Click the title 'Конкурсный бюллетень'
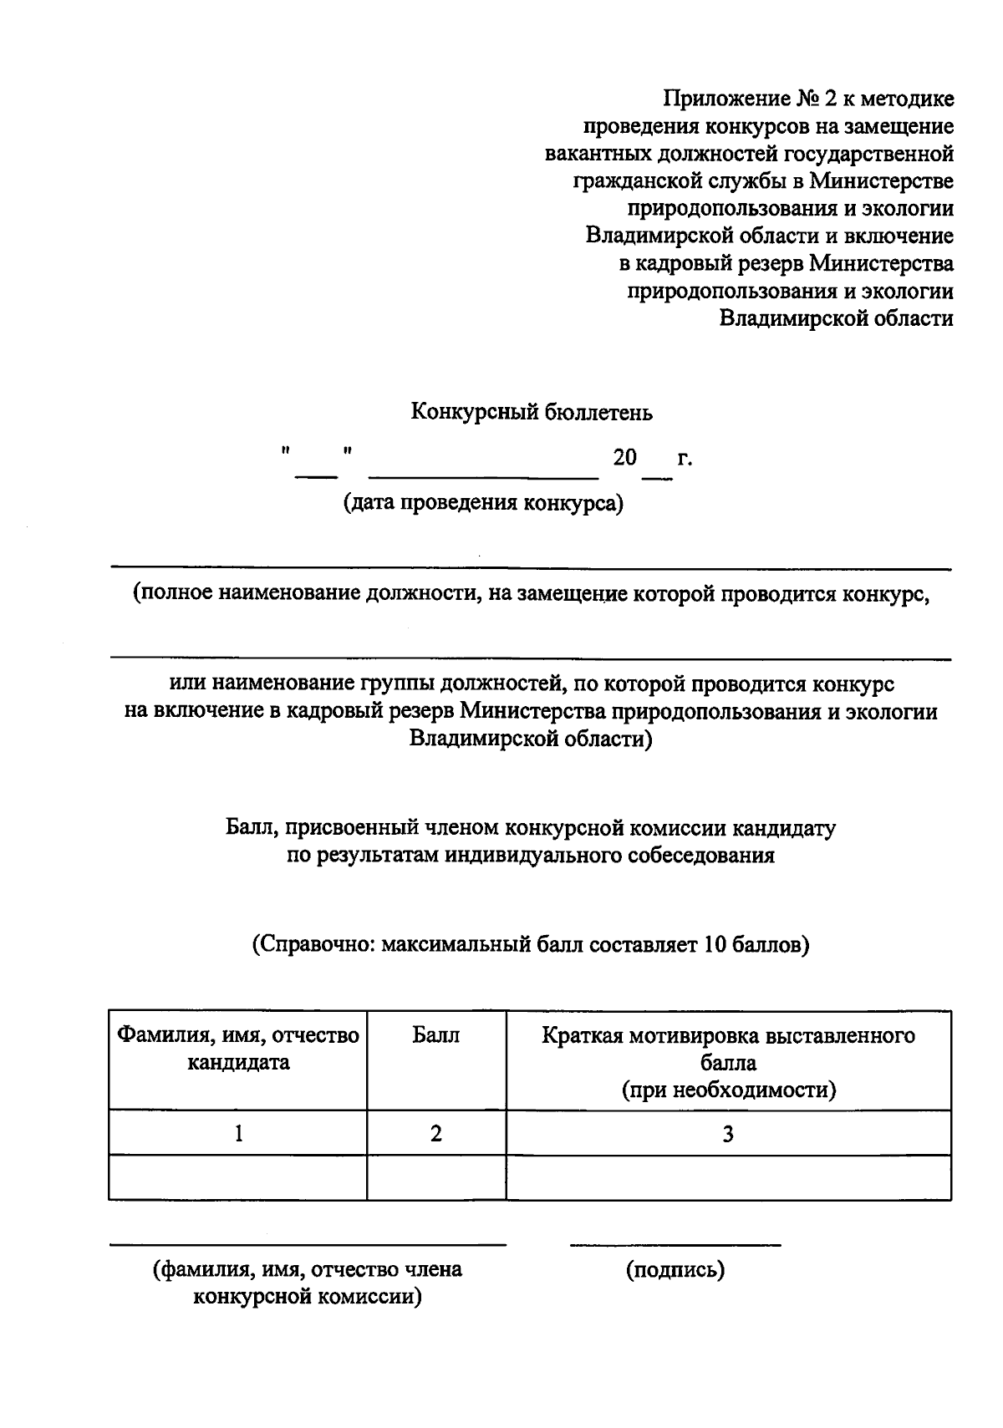pos(531,412)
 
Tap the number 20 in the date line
pos(624,457)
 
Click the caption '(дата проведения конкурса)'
pos(483,504)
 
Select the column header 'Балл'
pos(435,1035)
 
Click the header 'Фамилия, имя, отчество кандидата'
pos(238,1049)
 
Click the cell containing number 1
pos(238,1133)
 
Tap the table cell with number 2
pos(435,1133)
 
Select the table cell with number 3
pos(728,1133)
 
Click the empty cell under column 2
pos(435,1177)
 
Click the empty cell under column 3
pos(728,1177)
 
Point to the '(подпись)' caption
pos(675,1269)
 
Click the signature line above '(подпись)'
pos(675,1245)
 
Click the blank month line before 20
pos(483,475)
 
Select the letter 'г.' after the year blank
pos(685,458)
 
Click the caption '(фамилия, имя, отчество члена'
pos(307,1269)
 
